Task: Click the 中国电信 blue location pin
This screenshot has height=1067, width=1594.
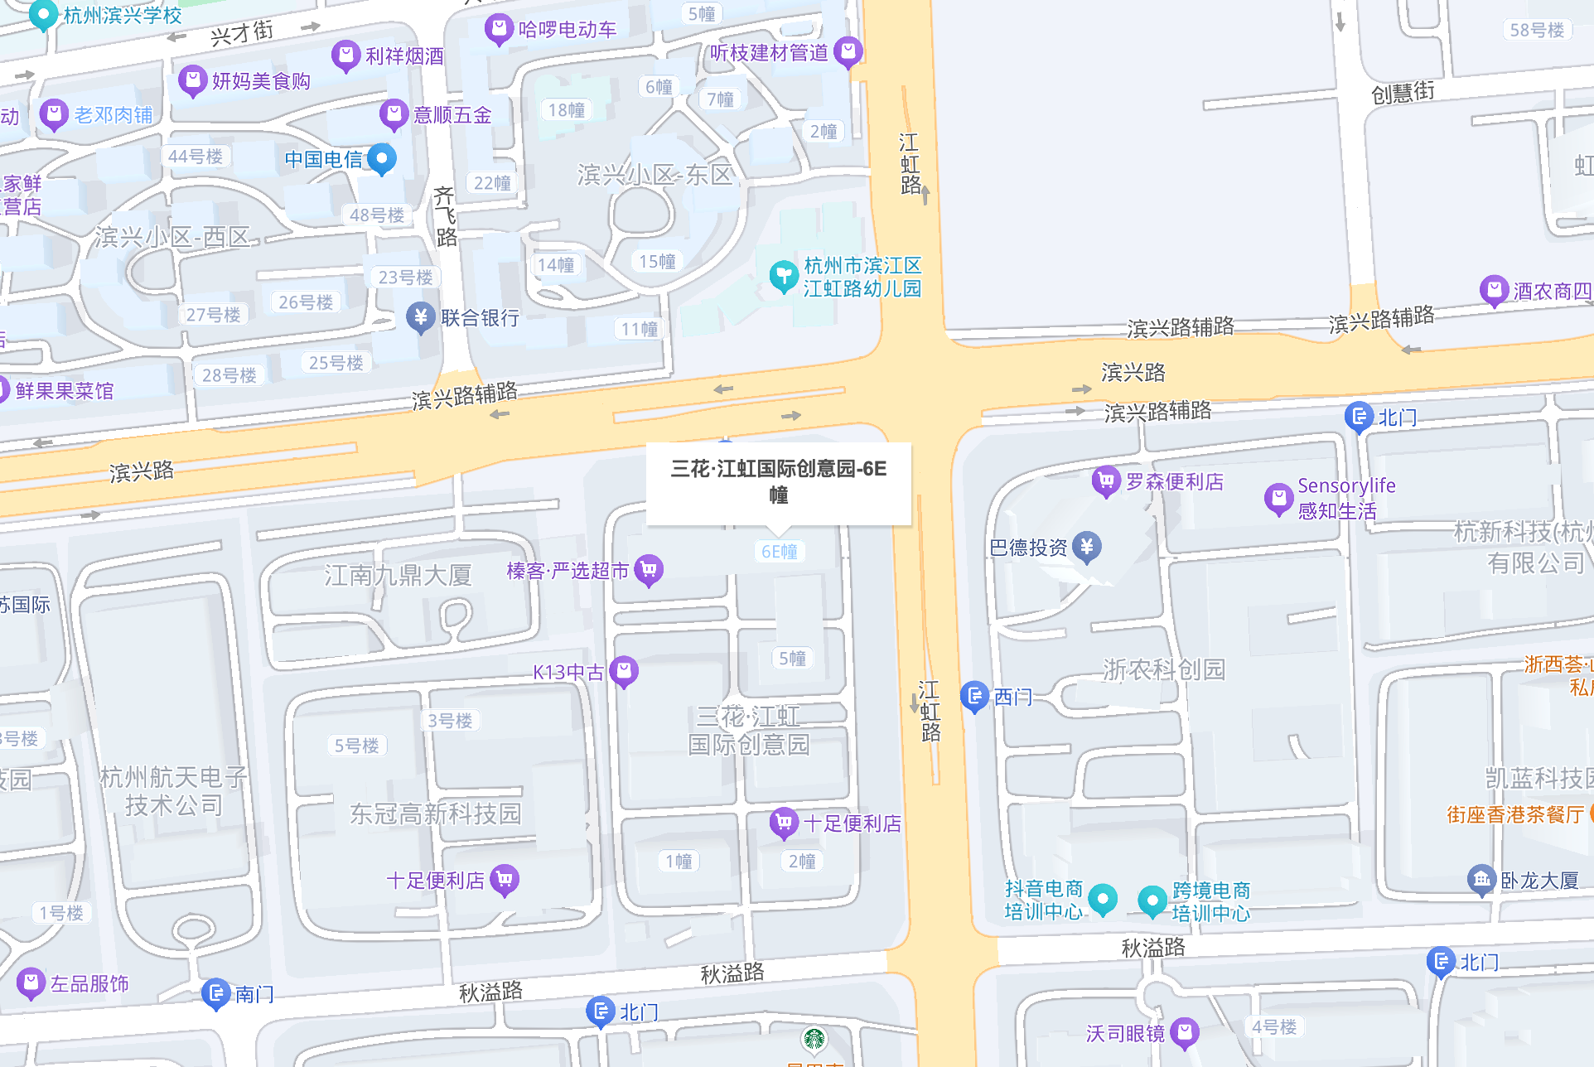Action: (381, 157)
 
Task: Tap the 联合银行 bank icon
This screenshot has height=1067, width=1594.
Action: (421, 316)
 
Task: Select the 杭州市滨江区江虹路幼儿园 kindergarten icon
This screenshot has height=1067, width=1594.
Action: (783, 276)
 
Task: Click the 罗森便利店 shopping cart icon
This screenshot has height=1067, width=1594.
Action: (1106, 480)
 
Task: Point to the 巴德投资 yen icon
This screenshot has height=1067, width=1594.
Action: (1087, 547)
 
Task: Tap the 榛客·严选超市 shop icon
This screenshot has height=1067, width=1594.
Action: (649, 570)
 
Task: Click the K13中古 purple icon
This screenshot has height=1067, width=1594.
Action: (624, 671)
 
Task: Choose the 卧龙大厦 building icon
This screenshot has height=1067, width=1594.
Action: (1481, 880)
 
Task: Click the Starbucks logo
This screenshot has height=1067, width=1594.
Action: (814, 1039)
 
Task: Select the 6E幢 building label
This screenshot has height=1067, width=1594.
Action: (779, 552)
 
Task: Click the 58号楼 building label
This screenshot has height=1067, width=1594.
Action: (1537, 31)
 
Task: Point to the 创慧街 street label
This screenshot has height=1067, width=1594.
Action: (1403, 92)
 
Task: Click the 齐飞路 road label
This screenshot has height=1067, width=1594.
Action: (446, 217)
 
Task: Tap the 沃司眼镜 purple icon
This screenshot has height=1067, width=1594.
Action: (1185, 1032)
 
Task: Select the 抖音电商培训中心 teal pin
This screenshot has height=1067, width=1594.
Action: (1103, 899)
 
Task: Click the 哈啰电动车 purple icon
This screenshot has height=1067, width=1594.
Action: (499, 29)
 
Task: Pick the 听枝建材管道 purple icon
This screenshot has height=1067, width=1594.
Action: (848, 51)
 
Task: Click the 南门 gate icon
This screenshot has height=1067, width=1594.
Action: (216, 993)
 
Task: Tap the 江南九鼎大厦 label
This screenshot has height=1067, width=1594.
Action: (398, 575)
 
